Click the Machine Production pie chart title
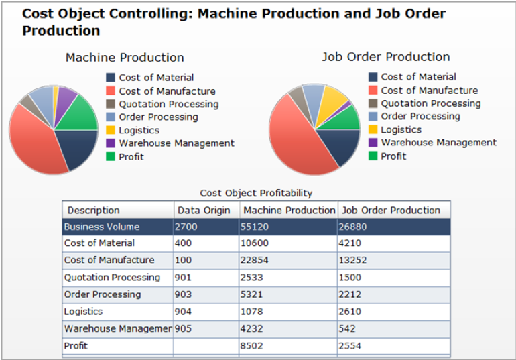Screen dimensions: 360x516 (x=125, y=58)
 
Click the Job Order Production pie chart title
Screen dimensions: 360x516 (x=385, y=57)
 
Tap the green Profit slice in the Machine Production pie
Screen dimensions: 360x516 (x=84, y=114)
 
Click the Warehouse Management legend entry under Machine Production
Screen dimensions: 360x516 (x=176, y=143)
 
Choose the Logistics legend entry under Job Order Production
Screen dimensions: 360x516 (x=401, y=129)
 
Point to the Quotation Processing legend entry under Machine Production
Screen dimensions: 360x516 (x=168, y=104)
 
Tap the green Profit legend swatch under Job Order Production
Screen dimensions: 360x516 (x=373, y=156)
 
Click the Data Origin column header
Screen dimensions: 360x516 (x=204, y=211)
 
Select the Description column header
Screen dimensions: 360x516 (x=93, y=211)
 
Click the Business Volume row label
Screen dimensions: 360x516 (x=102, y=227)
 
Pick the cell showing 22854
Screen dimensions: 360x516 (x=255, y=260)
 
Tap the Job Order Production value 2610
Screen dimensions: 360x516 (x=350, y=312)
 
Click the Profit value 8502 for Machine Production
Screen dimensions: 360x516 (x=253, y=346)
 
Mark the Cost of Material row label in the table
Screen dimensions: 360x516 (x=99, y=243)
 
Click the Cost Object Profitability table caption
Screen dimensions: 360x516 (x=256, y=193)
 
